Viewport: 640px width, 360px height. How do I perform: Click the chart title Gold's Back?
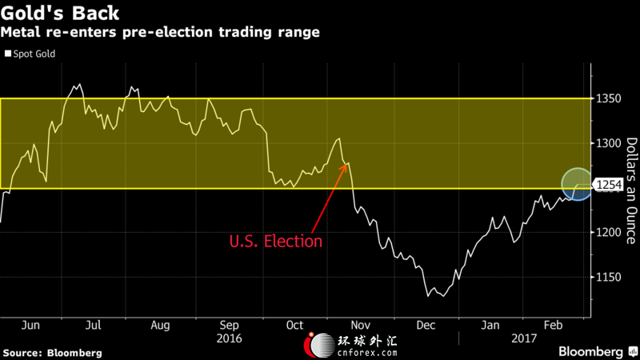click(x=60, y=13)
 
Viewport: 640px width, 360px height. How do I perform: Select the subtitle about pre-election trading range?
click(x=160, y=32)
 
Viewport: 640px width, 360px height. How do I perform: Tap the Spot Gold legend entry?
click(x=30, y=54)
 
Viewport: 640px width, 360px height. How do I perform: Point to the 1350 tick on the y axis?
click(x=609, y=98)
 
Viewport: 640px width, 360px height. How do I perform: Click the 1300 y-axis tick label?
click(x=609, y=143)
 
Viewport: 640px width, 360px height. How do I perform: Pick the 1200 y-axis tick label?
click(x=609, y=232)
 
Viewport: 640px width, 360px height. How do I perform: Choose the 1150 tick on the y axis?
click(x=609, y=277)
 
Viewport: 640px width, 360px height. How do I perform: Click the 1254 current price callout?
click(x=609, y=185)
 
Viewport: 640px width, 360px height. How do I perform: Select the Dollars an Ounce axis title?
click(x=632, y=190)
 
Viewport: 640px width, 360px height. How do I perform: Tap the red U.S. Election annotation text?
click(x=276, y=242)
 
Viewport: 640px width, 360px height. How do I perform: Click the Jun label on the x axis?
click(x=30, y=326)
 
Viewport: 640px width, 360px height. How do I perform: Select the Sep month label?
click(x=229, y=326)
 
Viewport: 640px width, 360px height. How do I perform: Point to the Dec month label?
click(x=426, y=326)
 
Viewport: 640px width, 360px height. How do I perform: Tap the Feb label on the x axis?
click(x=553, y=326)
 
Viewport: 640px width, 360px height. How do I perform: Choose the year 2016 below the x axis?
click(x=229, y=338)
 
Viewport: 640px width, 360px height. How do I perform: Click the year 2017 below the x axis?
click(x=524, y=338)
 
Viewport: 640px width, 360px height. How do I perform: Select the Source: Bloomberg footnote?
click(x=52, y=353)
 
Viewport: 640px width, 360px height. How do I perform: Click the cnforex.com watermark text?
click(x=367, y=352)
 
